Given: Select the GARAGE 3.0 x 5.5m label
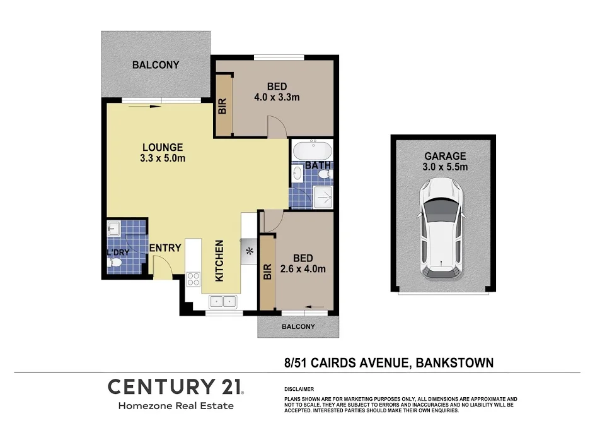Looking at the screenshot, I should click(445, 162).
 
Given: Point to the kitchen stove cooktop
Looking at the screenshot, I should click(193, 279).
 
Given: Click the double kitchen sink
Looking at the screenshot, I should click(222, 301).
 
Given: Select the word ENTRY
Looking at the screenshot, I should click(166, 248).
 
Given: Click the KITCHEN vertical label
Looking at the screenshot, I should click(220, 261).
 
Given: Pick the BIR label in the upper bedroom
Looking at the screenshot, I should click(222, 106).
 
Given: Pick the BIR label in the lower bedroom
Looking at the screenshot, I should click(267, 272).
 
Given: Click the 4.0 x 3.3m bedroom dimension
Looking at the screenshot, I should click(276, 97).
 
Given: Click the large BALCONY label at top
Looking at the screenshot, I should click(156, 64).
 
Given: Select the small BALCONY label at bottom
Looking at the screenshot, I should click(298, 326).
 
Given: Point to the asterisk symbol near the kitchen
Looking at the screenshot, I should click(249, 252).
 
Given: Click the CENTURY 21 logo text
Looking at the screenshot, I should click(176, 386).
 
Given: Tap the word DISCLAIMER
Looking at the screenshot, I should click(299, 390).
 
